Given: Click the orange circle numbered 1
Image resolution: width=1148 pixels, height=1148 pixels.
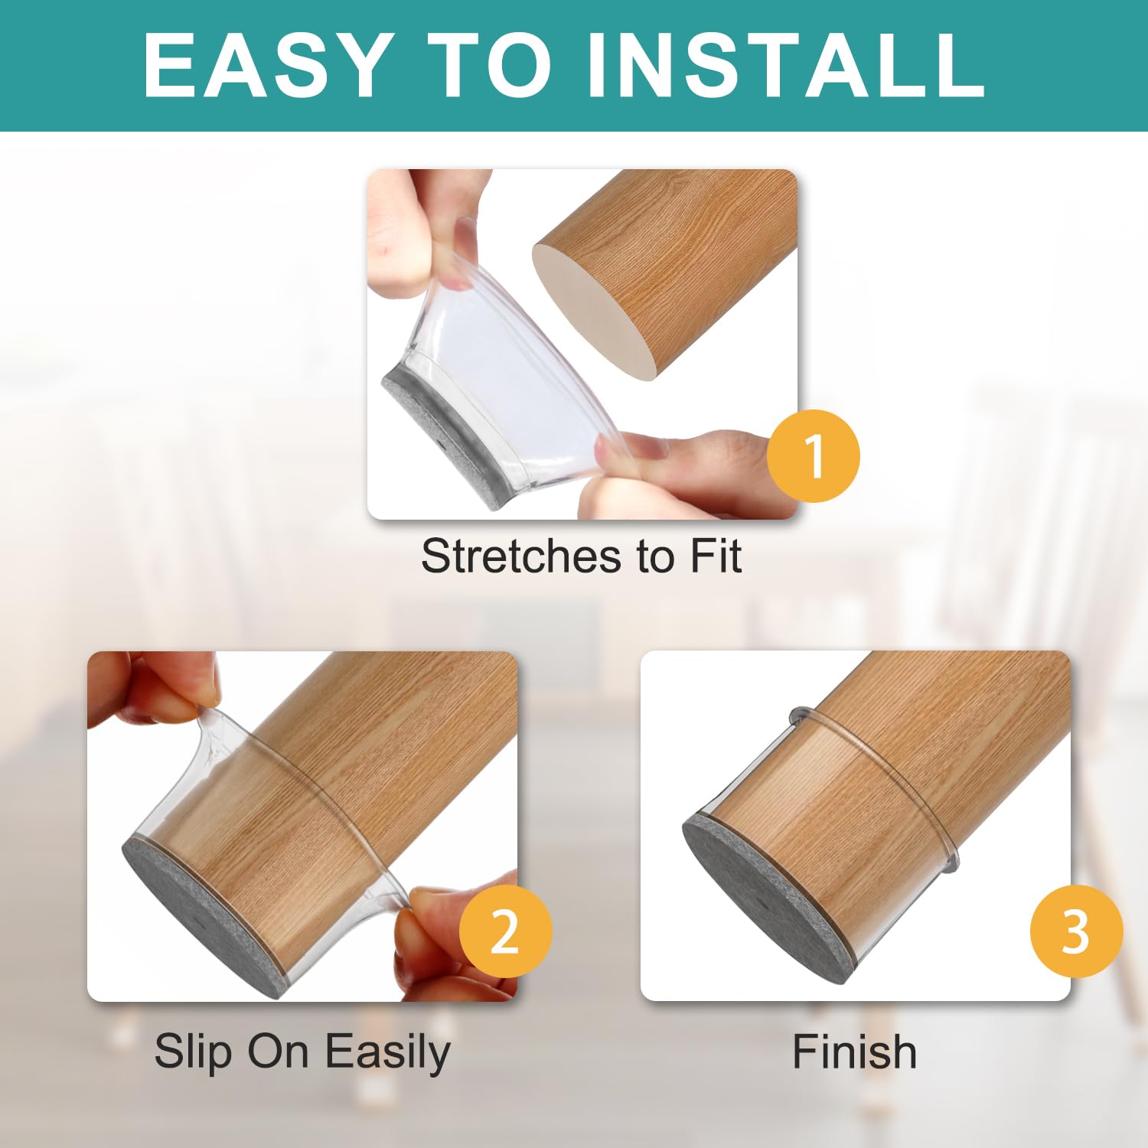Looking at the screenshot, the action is click(813, 456).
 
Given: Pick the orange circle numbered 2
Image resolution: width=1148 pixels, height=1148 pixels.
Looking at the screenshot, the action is click(505, 931).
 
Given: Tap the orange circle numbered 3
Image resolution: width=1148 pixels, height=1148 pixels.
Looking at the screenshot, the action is click(1076, 931).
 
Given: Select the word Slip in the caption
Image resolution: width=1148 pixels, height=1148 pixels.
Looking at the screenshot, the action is click(193, 1053).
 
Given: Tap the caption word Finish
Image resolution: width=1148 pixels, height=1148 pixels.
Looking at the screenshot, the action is click(854, 1052).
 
